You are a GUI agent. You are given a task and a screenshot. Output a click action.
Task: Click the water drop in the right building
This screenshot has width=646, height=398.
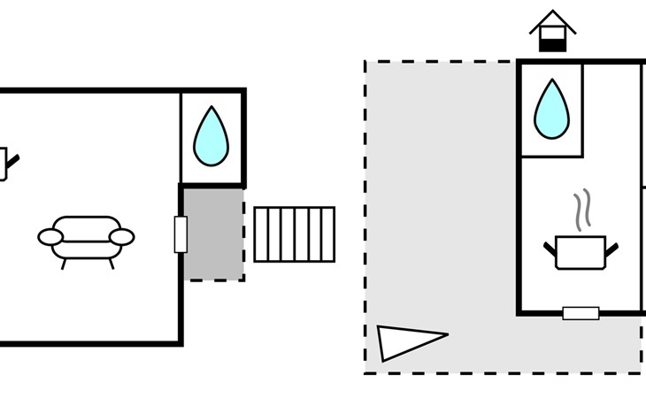(550, 111)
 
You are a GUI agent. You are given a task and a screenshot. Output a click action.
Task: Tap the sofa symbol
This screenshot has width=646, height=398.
(86, 237)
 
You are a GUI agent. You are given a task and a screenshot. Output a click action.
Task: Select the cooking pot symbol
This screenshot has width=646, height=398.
(581, 251)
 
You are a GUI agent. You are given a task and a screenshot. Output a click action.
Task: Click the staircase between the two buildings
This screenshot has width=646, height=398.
(295, 234)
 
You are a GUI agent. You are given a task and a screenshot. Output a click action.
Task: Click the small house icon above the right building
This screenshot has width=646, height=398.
(553, 31)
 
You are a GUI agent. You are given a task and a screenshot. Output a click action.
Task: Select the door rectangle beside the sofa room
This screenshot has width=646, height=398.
(181, 234)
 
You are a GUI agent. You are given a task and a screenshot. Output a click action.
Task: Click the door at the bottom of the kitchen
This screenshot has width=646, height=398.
(581, 313)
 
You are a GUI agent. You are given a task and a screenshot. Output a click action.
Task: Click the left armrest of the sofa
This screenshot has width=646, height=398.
(50, 237)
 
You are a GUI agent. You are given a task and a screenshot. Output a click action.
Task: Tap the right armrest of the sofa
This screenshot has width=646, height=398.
(121, 237)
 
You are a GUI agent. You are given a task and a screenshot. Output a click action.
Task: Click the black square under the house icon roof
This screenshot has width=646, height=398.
(553, 42)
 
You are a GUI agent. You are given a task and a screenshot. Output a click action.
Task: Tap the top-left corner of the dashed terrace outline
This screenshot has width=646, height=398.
(365, 61)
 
